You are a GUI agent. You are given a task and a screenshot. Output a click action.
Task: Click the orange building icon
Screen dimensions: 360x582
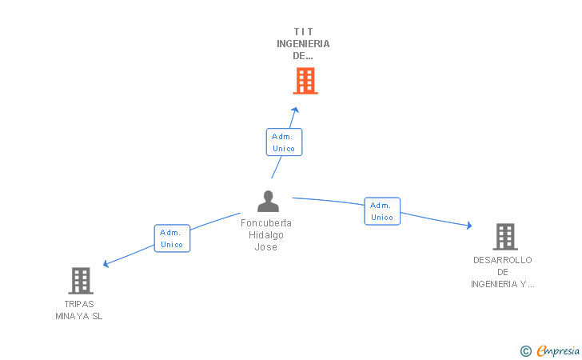[305, 81]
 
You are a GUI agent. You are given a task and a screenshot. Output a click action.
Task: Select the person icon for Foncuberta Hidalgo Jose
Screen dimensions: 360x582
[269, 202]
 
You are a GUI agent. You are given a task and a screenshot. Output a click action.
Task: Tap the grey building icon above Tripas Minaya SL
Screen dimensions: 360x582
[81, 281]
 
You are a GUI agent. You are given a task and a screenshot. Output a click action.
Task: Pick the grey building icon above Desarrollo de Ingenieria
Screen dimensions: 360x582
[504, 237]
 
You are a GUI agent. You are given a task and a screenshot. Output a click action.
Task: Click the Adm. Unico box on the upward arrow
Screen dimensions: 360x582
[284, 142]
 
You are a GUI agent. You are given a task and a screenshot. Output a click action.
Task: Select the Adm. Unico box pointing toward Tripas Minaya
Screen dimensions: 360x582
[172, 238]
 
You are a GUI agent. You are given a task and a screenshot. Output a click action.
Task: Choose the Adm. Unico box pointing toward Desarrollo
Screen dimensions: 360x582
[382, 211]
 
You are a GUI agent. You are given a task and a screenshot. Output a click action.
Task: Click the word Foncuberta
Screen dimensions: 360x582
[266, 223]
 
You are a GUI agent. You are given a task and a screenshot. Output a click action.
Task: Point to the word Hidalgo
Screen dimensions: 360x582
[266, 235]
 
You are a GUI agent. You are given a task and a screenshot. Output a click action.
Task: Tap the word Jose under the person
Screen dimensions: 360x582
[266, 247]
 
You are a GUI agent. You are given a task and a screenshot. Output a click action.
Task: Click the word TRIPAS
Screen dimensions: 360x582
[79, 304]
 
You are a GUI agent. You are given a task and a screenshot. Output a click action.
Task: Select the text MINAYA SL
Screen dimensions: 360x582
[79, 316]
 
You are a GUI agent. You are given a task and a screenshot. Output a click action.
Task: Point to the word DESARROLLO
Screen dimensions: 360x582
[502, 260]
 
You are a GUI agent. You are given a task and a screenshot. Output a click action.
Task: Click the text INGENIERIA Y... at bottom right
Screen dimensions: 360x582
[502, 284]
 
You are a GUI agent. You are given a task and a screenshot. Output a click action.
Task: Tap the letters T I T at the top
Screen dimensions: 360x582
[303, 32]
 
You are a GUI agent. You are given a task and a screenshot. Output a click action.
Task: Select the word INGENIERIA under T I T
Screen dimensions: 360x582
[303, 44]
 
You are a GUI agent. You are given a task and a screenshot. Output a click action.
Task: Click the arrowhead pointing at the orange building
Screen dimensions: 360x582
[295, 110]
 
